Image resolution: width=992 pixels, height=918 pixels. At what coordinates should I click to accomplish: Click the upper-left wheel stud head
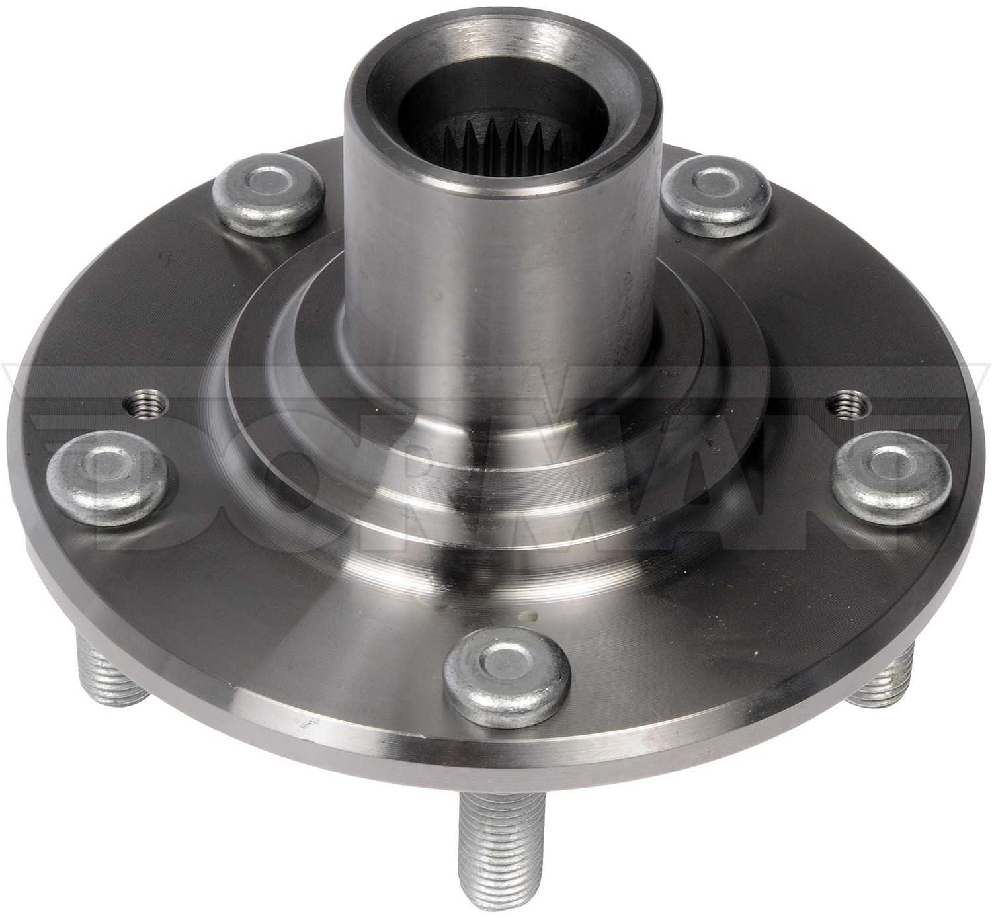(x=269, y=194)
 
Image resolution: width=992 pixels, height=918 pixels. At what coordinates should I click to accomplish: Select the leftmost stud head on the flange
(x=106, y=472)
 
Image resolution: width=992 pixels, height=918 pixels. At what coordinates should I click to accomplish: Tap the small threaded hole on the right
(x=848, y=404)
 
